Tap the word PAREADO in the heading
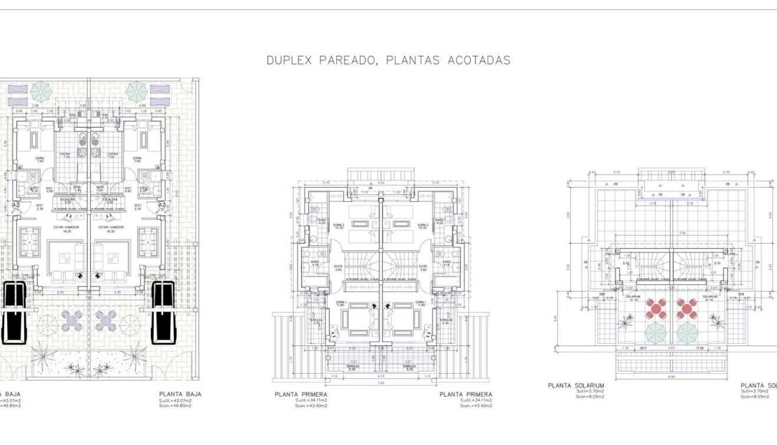348,60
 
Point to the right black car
163,312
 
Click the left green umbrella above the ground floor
41,91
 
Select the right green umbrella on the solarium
687,333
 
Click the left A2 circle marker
16,205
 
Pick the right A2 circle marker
161,205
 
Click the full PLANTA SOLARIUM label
576,386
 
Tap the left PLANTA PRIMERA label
300,394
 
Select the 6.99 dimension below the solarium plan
672,375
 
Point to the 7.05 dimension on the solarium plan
665,233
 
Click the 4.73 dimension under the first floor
381,374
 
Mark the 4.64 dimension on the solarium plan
672,348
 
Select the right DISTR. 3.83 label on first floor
422,268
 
